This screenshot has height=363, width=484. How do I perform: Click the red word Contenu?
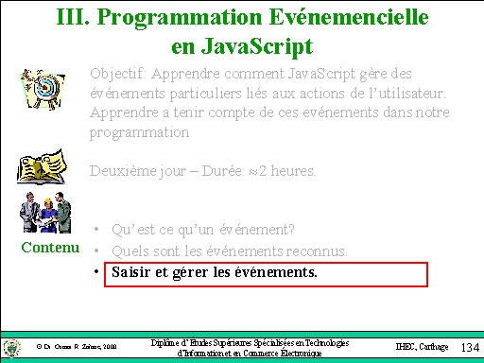pyautogui.click(x=50, y=249)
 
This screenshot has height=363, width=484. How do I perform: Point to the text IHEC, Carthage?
pyautogui.click(x=420, y=347)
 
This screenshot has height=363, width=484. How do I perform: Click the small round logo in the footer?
pyautogui.click(x=12, y=346)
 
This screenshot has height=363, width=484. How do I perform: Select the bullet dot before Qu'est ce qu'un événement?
pyautogui.click(x=98, y=230)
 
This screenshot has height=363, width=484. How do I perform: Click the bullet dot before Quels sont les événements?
pyautogui.click(x=98, y=251)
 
